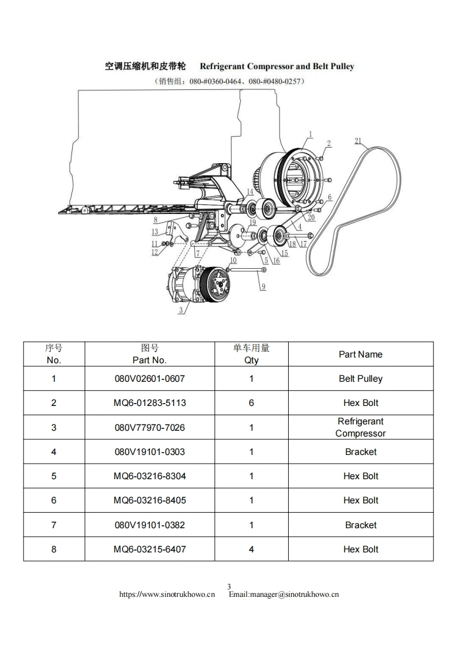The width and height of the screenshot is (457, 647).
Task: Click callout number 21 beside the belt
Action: [x=358, y=141]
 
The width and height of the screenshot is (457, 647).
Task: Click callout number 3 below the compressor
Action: [x=181, y=310]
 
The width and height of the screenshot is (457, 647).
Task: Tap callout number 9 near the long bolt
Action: [x=263, y=287]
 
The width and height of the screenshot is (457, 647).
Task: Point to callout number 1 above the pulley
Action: [x=310, y=134]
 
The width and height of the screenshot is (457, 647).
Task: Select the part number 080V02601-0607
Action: [x=150, y=379]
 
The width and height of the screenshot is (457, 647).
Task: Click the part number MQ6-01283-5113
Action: [x=150, y=403]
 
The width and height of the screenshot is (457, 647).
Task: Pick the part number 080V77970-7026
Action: [x=150, y=427]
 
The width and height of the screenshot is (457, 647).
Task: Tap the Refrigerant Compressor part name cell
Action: [x=361, y=427]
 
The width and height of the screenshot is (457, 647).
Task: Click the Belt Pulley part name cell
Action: [x=361, y=379]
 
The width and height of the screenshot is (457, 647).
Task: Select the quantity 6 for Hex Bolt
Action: [x=251, y=403]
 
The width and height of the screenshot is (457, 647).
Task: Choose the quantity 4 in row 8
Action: [x=251, y=550]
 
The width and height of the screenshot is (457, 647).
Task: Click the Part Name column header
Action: [x=361, y=354]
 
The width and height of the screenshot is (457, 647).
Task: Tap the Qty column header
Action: [x=251, y=354]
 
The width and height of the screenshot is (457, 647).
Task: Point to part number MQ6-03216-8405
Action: [x=150, y=501]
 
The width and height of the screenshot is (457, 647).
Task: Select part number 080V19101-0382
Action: [x=150, y=525]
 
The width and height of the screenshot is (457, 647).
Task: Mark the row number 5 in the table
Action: [x=54, y=476]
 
